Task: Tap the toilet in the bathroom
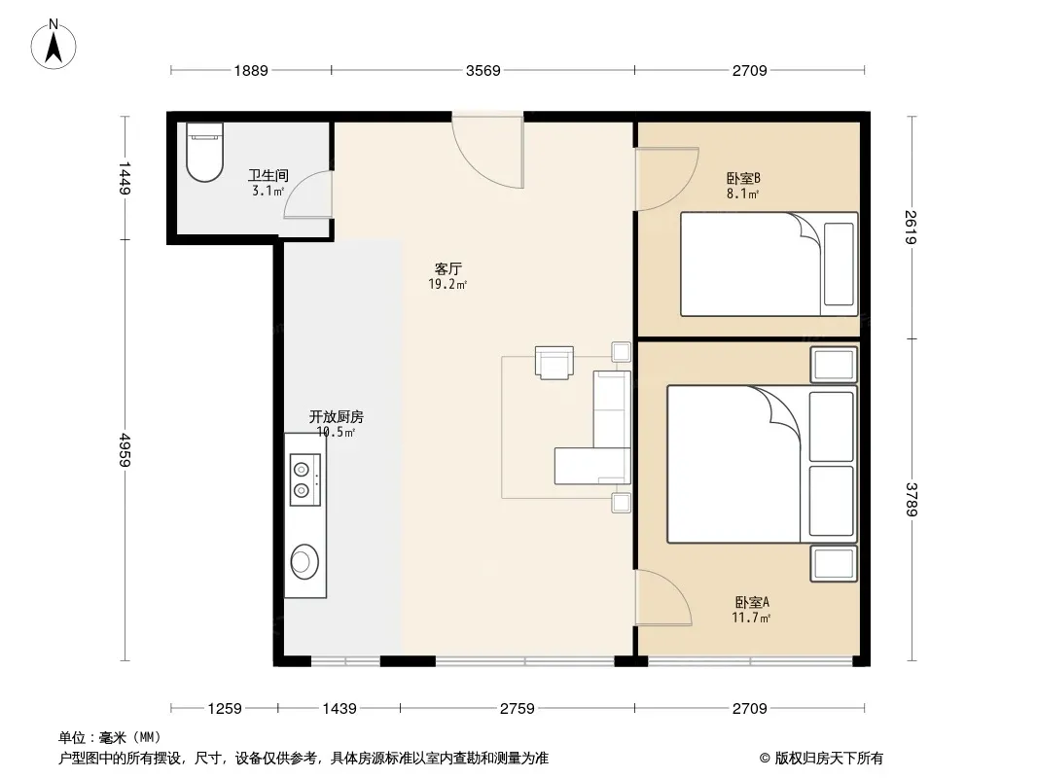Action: (204, 152)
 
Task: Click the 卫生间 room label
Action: (268, 175)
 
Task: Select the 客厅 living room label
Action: (447, 269)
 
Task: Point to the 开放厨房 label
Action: (336, 417)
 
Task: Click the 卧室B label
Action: (743, 179)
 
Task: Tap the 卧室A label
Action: (752, 603)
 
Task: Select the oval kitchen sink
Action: (304, 562)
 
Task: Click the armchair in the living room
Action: (554, 363)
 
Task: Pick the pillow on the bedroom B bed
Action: (839, 265)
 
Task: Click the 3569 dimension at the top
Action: (483, 71)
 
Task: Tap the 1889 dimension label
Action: (251, 71)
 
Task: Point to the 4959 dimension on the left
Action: (125, 449)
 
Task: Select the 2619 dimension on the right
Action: (912, 227)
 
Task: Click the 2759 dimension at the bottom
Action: (518, 709)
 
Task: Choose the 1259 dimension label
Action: (225, 709)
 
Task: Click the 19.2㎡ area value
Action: (447, 285)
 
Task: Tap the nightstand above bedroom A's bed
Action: (834, 365)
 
